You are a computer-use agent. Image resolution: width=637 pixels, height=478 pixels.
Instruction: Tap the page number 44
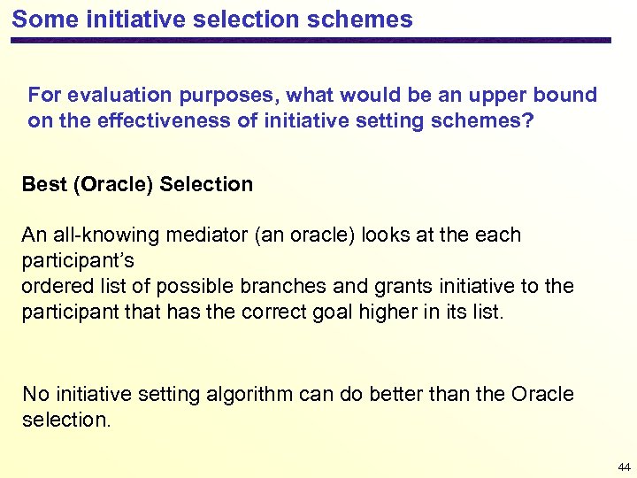624,466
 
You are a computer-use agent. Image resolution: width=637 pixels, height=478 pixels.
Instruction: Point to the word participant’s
77,262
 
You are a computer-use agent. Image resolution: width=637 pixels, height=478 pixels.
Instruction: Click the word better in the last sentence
395,395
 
